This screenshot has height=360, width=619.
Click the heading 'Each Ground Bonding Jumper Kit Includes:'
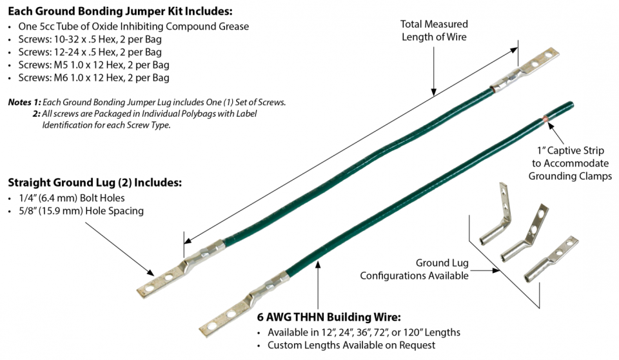tap(120, 12)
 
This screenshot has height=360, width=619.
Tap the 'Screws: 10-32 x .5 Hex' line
tap(90, 39)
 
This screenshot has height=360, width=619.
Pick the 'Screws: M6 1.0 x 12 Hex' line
tap(93, 78)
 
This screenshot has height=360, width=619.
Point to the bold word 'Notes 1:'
tap(24, 102)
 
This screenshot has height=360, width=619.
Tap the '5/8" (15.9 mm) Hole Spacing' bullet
tap(81, 211)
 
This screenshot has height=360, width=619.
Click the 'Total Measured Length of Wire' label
tap(433, 30)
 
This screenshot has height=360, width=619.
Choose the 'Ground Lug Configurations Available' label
tap(414, 269)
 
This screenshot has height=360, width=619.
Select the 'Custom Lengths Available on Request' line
tap(351, 345)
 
